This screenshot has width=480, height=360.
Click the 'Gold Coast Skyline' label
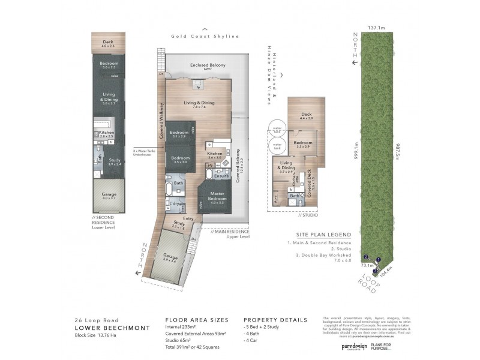pyautogui.click(x=205, y=37)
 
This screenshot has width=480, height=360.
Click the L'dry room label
pyautogui.click(x=175, y=205)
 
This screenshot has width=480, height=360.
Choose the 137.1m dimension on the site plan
pyautogui.click(x=376, y=28)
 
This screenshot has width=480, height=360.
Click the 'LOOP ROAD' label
pyautogui.click(x=367, y=283)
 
